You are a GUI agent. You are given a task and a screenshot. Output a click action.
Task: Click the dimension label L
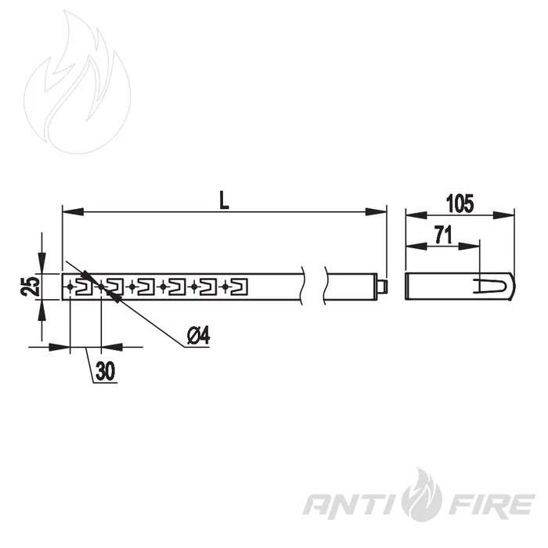tap(224, 200)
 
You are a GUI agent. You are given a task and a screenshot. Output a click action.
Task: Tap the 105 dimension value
tap(460, 204)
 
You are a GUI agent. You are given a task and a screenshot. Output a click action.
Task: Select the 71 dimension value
tap(444, 235)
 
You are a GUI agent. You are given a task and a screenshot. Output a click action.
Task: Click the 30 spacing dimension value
tap(105, 371)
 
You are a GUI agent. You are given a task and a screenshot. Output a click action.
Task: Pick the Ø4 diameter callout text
tap(199, 336)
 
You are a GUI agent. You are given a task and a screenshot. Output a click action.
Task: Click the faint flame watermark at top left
tap(78, 82)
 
